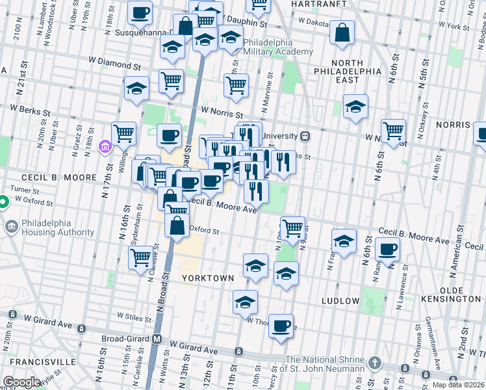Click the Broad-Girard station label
pos(126,339)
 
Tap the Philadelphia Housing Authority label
pos(58,227)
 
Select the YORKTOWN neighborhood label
pos(207,278)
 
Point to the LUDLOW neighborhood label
pos(340,301)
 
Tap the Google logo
pos(21,382)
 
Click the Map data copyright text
pos(458,385)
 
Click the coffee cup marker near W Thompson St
pos(281,326)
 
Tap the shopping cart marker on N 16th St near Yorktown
pos(141,257)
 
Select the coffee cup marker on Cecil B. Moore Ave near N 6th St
pos(389,250)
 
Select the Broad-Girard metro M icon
pos(157,339)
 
